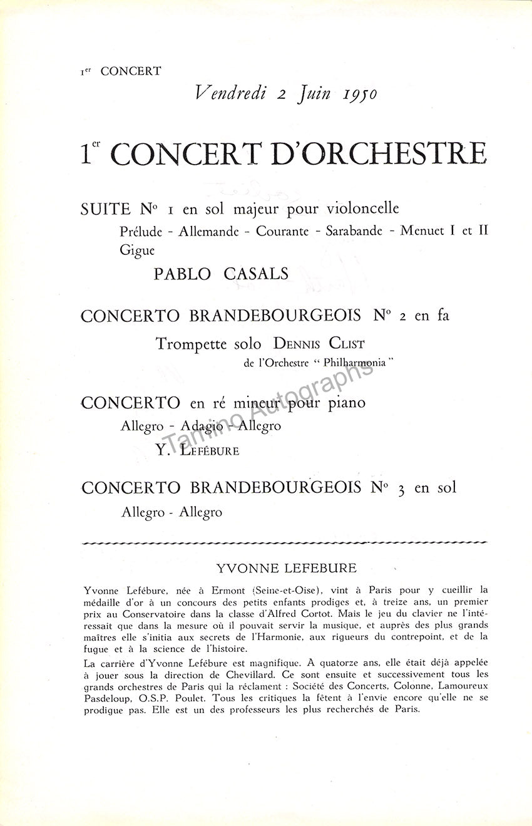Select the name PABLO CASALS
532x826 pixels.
click(x=222, y=274)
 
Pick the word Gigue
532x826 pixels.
click(x=137, y=250)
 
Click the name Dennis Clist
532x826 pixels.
click(x=319, y=344)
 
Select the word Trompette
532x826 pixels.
click(x=191, y=344)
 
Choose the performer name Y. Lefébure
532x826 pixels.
click(x=197, y=450)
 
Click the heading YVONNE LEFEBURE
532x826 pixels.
click(x=286, y=569)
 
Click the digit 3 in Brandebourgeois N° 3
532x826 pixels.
click(x=401, y=489)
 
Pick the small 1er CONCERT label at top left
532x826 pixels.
click(x=121, y=71)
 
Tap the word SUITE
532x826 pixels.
click(x=106, y=209)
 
